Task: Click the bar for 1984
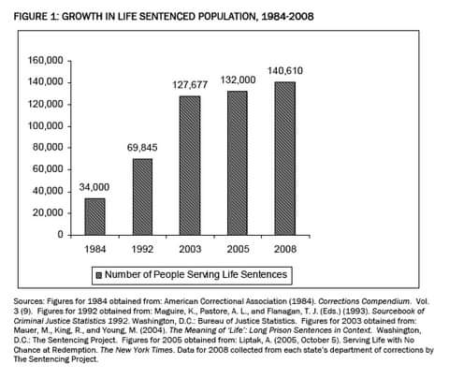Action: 95,216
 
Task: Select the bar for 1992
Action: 142,196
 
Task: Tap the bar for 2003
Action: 190,166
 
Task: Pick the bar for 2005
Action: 238,163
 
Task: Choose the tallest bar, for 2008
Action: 284,158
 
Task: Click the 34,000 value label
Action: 94,187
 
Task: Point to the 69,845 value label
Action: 142,147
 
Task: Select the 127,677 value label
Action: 190,85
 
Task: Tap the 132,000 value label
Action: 239,80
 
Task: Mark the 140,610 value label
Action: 285,71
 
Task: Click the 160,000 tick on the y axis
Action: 46,60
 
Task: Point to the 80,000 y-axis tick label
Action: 48,147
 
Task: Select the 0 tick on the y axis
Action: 61,235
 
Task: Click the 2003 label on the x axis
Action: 190,249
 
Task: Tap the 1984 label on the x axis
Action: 95,249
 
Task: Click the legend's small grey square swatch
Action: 99,275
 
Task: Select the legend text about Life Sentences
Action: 196,274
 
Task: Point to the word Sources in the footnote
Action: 28,301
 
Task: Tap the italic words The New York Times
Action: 137,350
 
